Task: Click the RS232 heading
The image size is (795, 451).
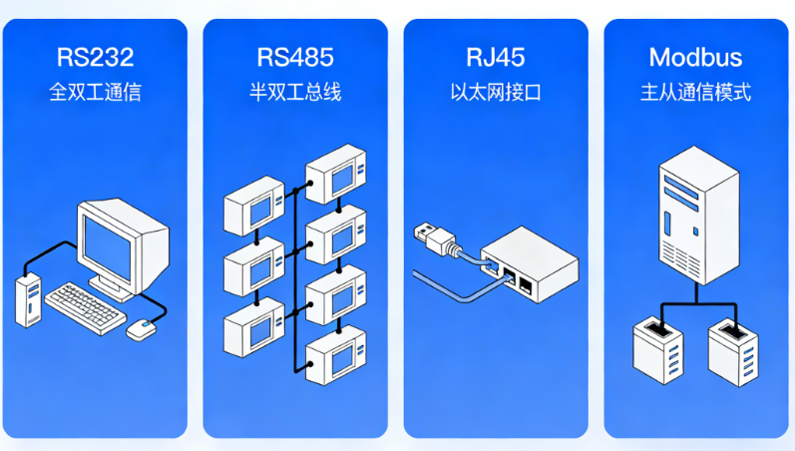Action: pyautogui.click(x=96, y=56)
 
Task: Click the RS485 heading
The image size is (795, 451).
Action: pyautogui.click(x=295, y=56)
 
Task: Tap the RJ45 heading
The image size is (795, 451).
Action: pyautogui.click(x=495, y=56)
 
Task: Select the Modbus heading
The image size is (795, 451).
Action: pyautogui.click(x=695, y=56)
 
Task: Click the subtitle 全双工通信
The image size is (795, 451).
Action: pyautogui.click(x=96, y=93)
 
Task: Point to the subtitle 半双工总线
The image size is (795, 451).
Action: pyautogui.click(x=295, y=93)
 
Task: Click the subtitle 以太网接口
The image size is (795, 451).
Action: pyautogui.click(x=495, y=93)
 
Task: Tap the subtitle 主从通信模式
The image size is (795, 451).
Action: pyautogui.click(x=695, y=93)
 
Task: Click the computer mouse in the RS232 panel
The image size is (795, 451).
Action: pyautogui.click(x=143, y=327)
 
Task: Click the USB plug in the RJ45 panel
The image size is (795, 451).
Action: pyautogui.click(x=435, y=238)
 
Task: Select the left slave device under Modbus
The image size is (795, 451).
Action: pyautogui.click(x=659, y=351)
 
